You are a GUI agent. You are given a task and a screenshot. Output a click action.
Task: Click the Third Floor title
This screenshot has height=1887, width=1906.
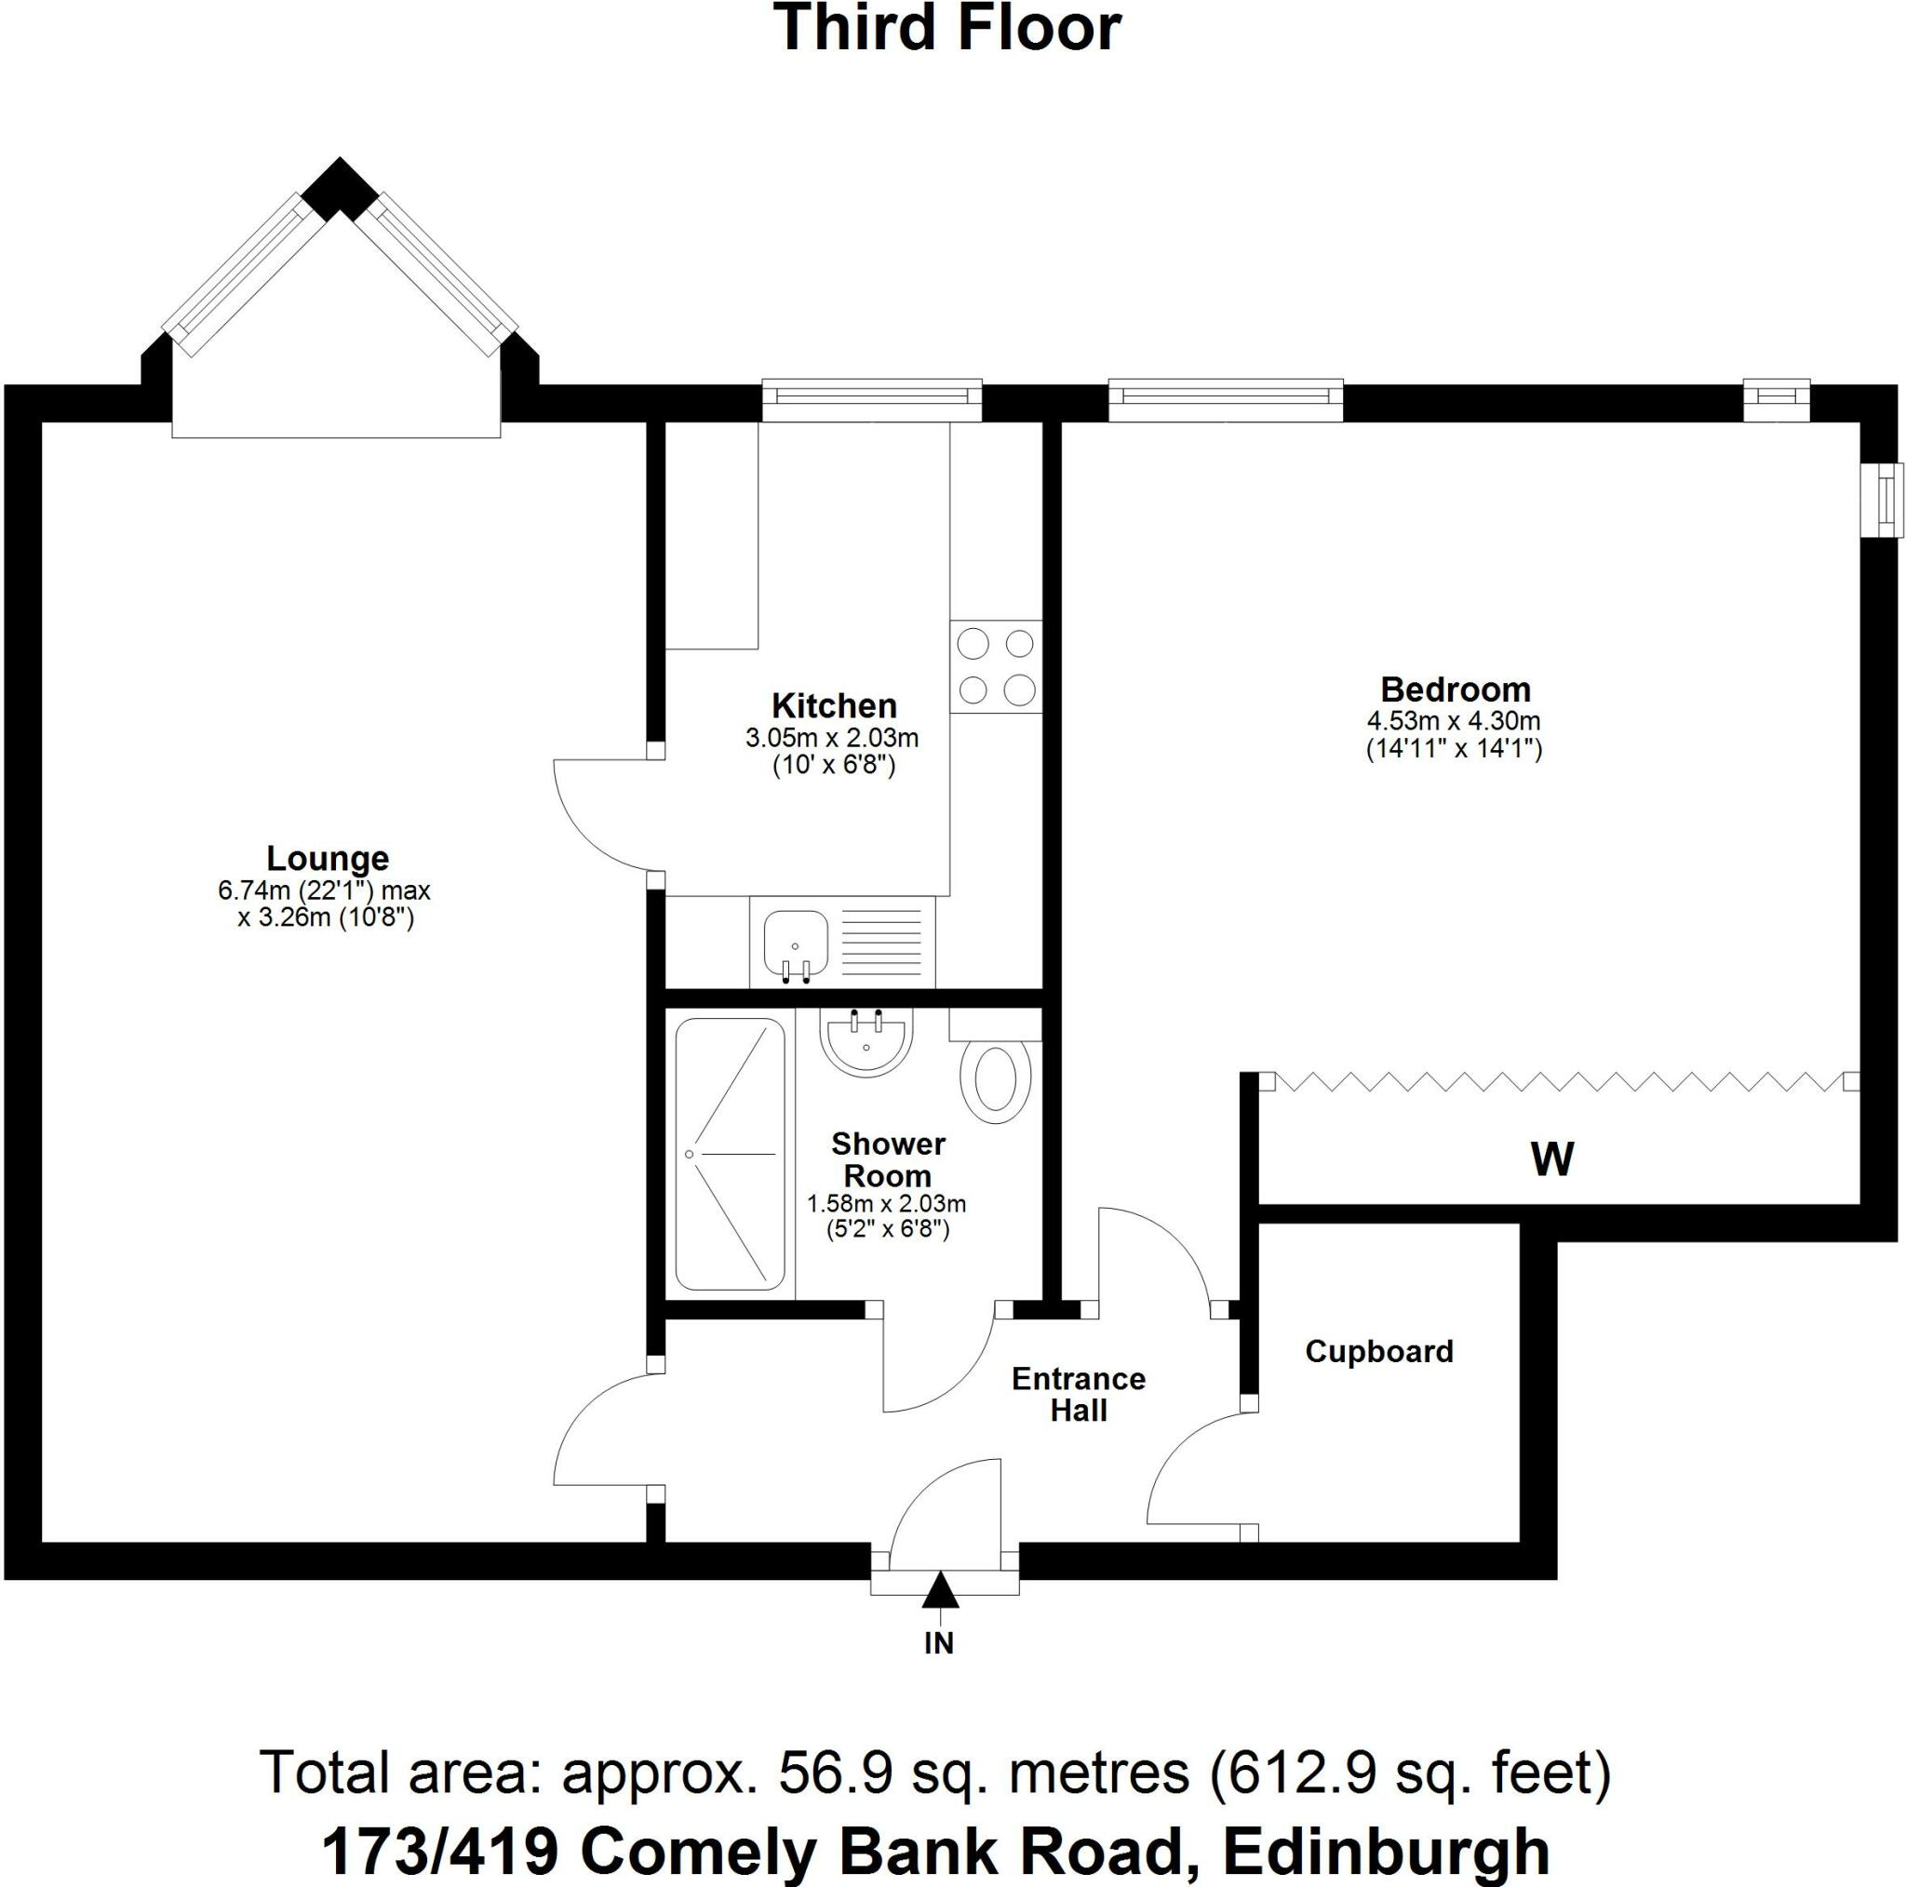point(948,30)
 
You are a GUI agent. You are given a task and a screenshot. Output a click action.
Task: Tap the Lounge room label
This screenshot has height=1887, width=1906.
point(328,858)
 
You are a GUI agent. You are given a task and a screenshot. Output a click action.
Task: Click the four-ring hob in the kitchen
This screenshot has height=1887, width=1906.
point(996,667)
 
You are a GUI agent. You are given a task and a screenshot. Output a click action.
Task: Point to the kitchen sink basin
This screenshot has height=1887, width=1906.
point(795,941)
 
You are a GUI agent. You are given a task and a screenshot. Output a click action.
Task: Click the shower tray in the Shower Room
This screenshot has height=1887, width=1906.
point(730,1154)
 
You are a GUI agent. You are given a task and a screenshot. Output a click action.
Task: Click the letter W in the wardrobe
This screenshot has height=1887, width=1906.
point(1551,1159)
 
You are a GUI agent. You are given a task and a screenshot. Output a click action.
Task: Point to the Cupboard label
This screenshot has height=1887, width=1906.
point(1378,1351)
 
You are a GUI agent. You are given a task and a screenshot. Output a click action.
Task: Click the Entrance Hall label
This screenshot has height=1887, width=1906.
point(1079,1394)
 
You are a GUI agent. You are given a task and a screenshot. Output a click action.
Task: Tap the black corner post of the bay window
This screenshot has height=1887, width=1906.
point(340,190)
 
